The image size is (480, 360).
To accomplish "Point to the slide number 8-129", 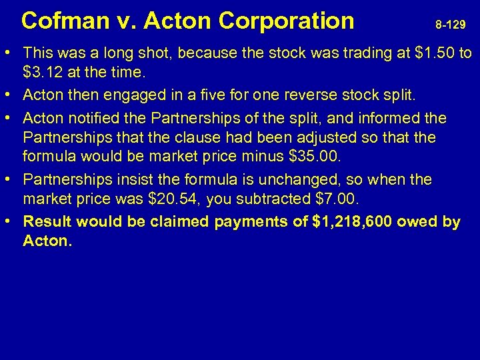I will (x=451, y=25).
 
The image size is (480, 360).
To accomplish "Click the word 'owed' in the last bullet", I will (x=421, y=222).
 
